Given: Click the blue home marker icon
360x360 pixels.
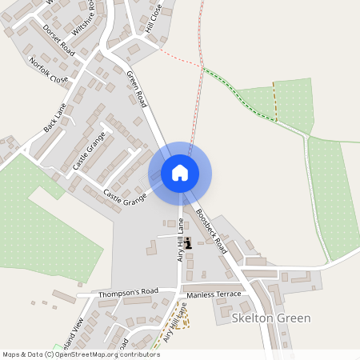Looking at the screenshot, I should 180,172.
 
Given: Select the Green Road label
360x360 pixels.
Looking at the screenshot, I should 137,89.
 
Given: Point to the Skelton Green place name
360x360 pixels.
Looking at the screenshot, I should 270,318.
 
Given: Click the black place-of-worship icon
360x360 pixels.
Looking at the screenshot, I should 187,243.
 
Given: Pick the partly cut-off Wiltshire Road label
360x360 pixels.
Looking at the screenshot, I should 89,16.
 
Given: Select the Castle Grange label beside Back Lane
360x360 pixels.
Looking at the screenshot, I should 89,153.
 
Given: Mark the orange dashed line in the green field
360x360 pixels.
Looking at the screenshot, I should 275,101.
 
